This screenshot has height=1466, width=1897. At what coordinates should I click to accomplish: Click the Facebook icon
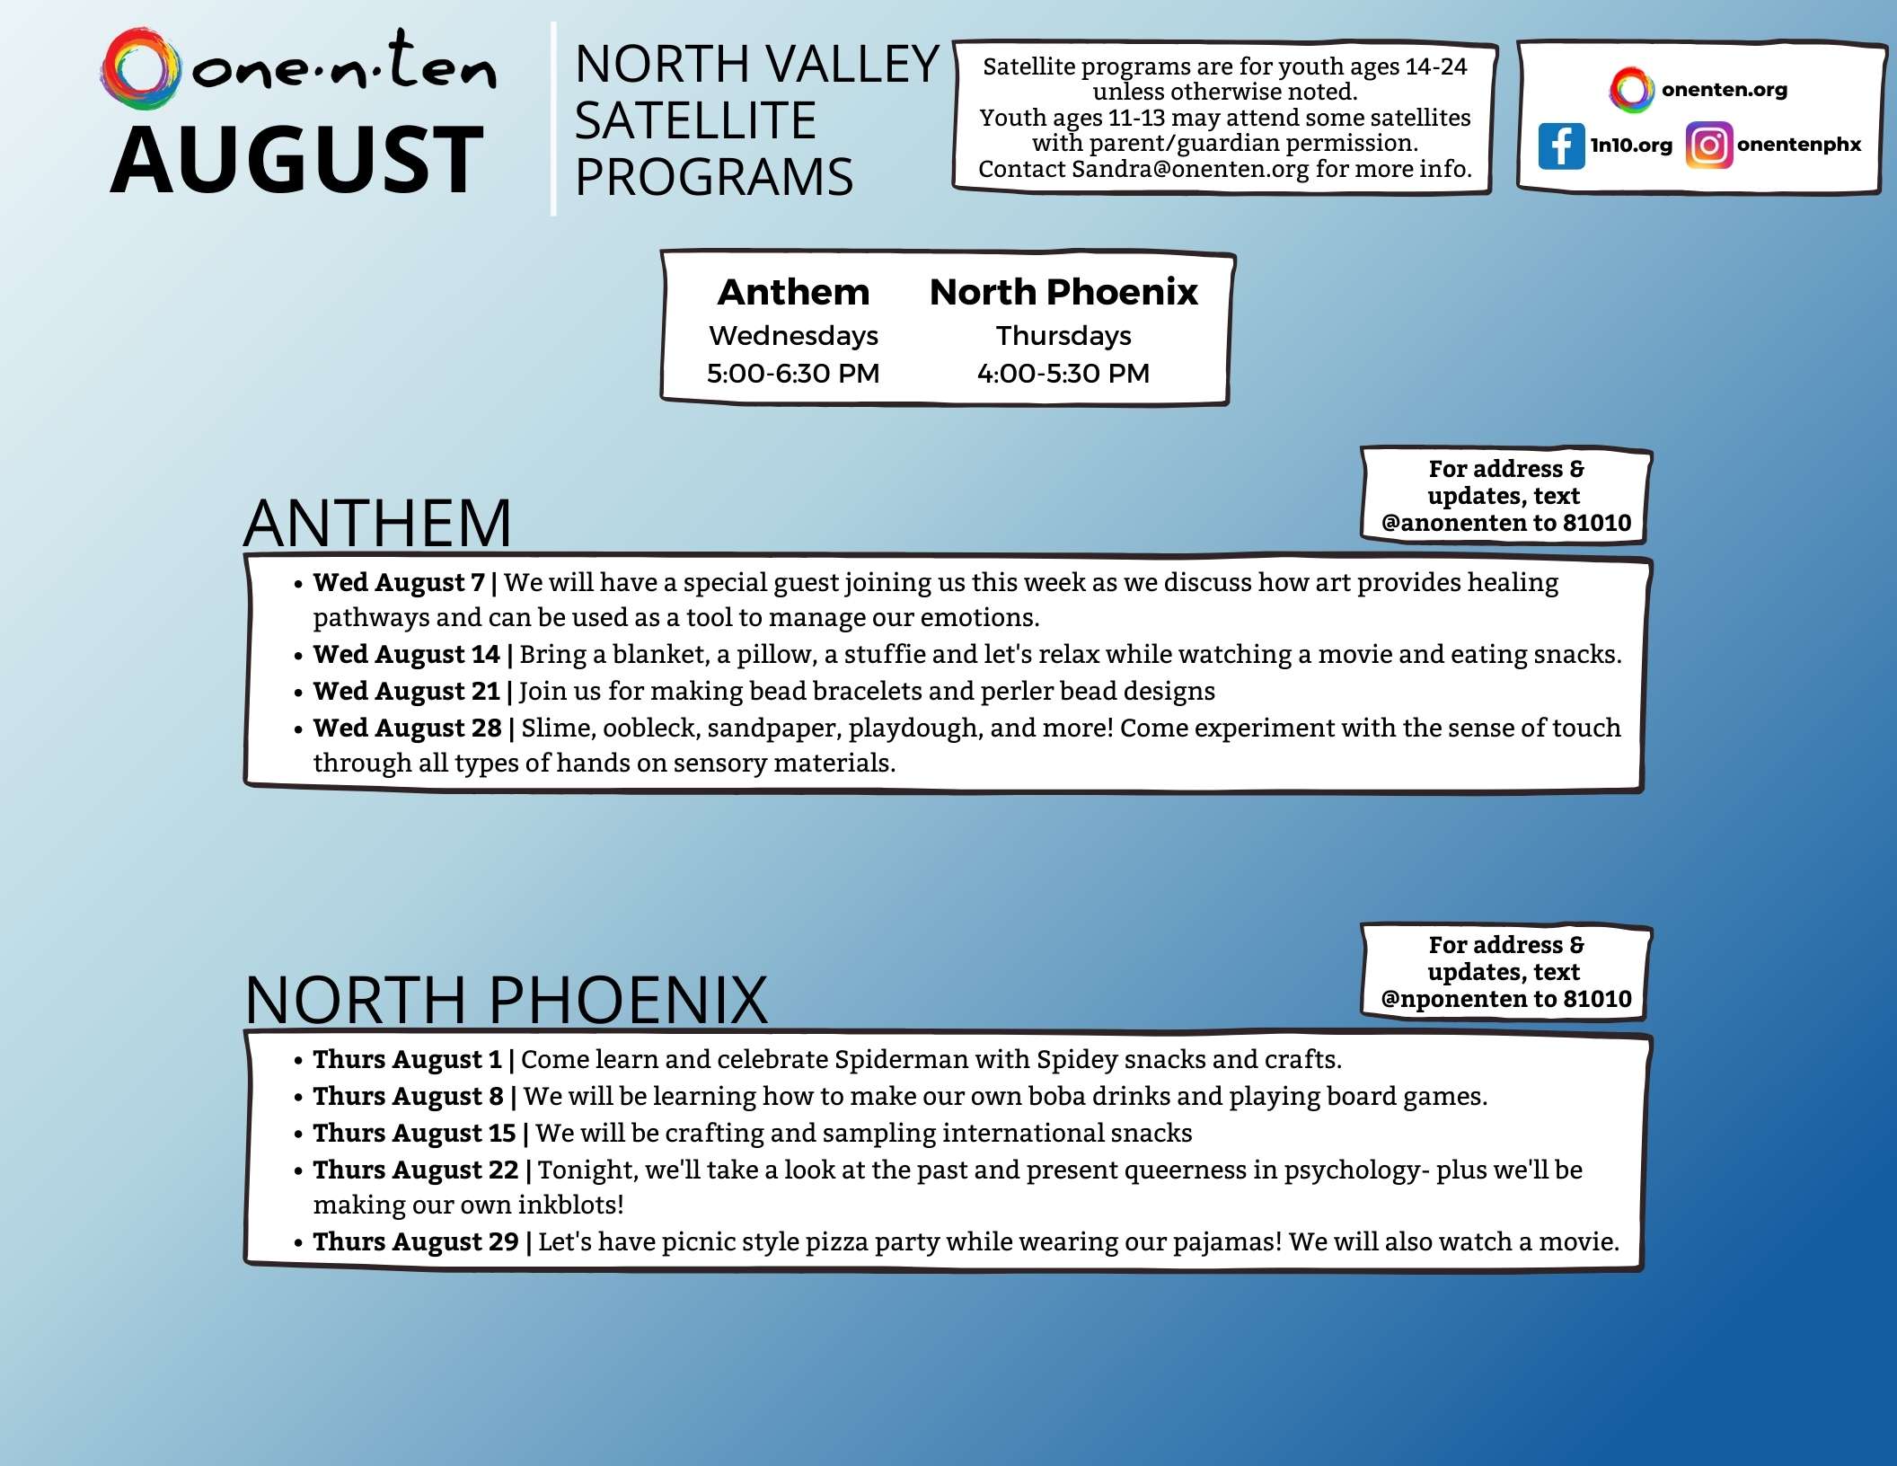tap(1560, 146)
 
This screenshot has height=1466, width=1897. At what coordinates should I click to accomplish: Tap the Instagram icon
tap(1707, 146)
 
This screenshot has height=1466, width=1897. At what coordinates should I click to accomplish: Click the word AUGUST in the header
tap(297, 161)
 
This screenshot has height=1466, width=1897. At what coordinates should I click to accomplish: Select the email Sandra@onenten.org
tap(1189, 169)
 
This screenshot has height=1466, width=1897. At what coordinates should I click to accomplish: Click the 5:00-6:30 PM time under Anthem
tap(792, 373)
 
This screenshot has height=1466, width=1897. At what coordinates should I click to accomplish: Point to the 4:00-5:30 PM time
tap(1063, 373)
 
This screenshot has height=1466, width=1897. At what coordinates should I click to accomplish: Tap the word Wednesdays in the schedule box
tap(793, 335)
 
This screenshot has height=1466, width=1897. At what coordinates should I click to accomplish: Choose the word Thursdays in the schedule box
tap(1063, 335)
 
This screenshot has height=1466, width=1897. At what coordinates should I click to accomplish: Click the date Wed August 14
tap(406, 655)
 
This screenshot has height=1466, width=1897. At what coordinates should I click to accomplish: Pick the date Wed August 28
tap(407, 728)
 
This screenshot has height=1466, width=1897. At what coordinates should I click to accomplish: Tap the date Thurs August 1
tap(407, 1060)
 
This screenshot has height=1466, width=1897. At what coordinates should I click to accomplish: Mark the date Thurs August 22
tap(415, 1170)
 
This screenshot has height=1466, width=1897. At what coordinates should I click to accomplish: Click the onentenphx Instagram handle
tap(1798, 145)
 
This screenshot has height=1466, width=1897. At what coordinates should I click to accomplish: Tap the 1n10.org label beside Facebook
tap(1631, 146)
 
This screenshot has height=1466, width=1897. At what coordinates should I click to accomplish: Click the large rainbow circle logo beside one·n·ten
tap(139, 69)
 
